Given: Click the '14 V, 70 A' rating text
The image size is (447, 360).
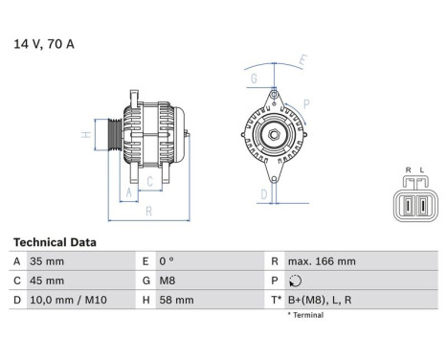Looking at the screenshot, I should pyautogui.click(x=44, y=43).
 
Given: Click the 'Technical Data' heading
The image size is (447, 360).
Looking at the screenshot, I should pyautogui.click(x=55, y=242).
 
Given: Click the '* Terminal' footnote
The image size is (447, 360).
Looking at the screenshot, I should pyautogui.click(x=305, y=315).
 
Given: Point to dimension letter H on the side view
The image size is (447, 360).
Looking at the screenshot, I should pyautogui.click(x=86, y=135).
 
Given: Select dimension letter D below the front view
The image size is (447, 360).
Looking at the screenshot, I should pyautogui.click(x=262, y=193).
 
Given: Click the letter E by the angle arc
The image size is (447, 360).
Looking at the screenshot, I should pyautogui.click(x=302, y=60).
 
